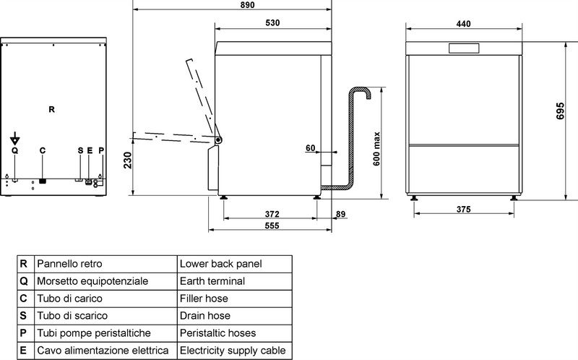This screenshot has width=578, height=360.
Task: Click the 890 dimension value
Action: tap(247, 5)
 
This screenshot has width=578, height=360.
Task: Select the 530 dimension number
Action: tap(272, 23)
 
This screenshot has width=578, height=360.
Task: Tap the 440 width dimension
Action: tap(463, 24)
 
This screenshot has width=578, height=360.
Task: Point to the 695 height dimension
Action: tap(560, 111)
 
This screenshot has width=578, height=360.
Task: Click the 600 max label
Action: tap(376, 149)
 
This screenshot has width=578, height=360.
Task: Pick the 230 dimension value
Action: tap(128, 160)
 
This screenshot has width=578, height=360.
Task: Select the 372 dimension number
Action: tap(272, 214)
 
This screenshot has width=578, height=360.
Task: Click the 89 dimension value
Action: tap(340, 214)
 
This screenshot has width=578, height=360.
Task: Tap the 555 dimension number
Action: tap(272, 226)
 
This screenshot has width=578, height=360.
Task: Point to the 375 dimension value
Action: tap(463, 210)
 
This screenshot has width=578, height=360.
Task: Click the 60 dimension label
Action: tap(311, 148)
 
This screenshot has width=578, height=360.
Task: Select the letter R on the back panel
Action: tap(51, 110)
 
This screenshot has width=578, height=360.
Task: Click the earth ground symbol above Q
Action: tap(14, 138)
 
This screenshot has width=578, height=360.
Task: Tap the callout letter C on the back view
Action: tap(43, 150)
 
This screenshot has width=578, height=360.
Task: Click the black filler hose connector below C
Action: tap(43, 181)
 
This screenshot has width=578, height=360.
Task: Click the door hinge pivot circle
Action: tap(219, 140)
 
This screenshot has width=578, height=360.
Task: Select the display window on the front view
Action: tap(464, 48)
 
